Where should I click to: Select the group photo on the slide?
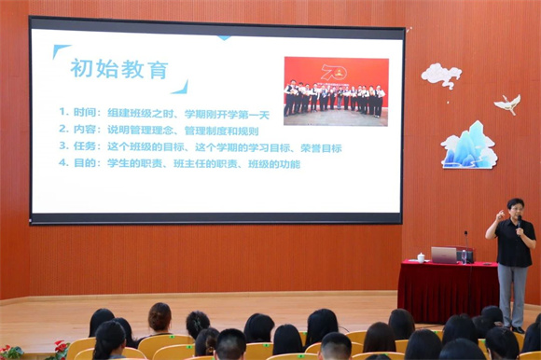point(336,91)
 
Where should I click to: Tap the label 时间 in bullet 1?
point(84,112)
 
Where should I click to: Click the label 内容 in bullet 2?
point(84,129)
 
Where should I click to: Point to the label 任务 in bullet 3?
point(84,146)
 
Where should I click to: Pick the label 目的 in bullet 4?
point(84,164)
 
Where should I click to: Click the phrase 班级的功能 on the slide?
point(278,164)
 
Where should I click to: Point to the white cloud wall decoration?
point(440,74)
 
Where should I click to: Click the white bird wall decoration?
point(507,104)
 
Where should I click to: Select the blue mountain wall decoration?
point(468,147)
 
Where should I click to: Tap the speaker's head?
point(514,207)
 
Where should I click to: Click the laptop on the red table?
point(444,255)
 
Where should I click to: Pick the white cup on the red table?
point(421,257)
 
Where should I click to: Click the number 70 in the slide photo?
point(333,71)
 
